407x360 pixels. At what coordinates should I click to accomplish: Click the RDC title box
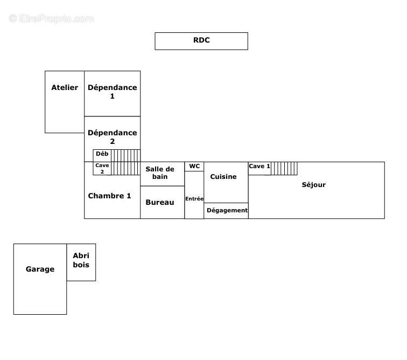(x=201, y=41)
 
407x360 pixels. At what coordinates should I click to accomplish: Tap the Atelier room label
(x=65, y=88)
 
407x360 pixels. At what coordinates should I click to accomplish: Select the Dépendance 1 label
(x=112, y=92)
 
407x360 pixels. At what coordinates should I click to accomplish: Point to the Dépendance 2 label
(x=112, y=137)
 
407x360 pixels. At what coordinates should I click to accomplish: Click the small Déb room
(x=102, y=154)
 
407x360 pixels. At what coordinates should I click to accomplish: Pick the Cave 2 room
(x=102, y=169)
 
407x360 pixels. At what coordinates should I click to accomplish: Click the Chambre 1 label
(x=109, y=196)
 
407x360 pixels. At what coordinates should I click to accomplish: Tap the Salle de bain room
(x=160, y=173)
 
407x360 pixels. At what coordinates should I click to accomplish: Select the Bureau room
(x=160, y=203)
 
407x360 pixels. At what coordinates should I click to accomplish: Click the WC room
(x=194, y=167)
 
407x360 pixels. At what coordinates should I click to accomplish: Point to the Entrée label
(x=194, y=199)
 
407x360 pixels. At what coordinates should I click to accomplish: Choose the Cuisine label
(x=223, y=177)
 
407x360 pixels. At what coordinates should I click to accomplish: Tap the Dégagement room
(x=227, y=211)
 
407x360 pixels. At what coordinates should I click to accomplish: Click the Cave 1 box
(x=259, y=167)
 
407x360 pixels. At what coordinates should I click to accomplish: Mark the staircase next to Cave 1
(x=284, y=169)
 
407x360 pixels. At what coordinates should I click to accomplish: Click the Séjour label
(x=313, y=185)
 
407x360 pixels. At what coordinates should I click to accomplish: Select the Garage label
(x=40, y=269)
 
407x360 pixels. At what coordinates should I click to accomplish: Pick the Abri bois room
(x=81, y=260)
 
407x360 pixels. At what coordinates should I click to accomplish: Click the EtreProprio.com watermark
(x=52, y=19)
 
